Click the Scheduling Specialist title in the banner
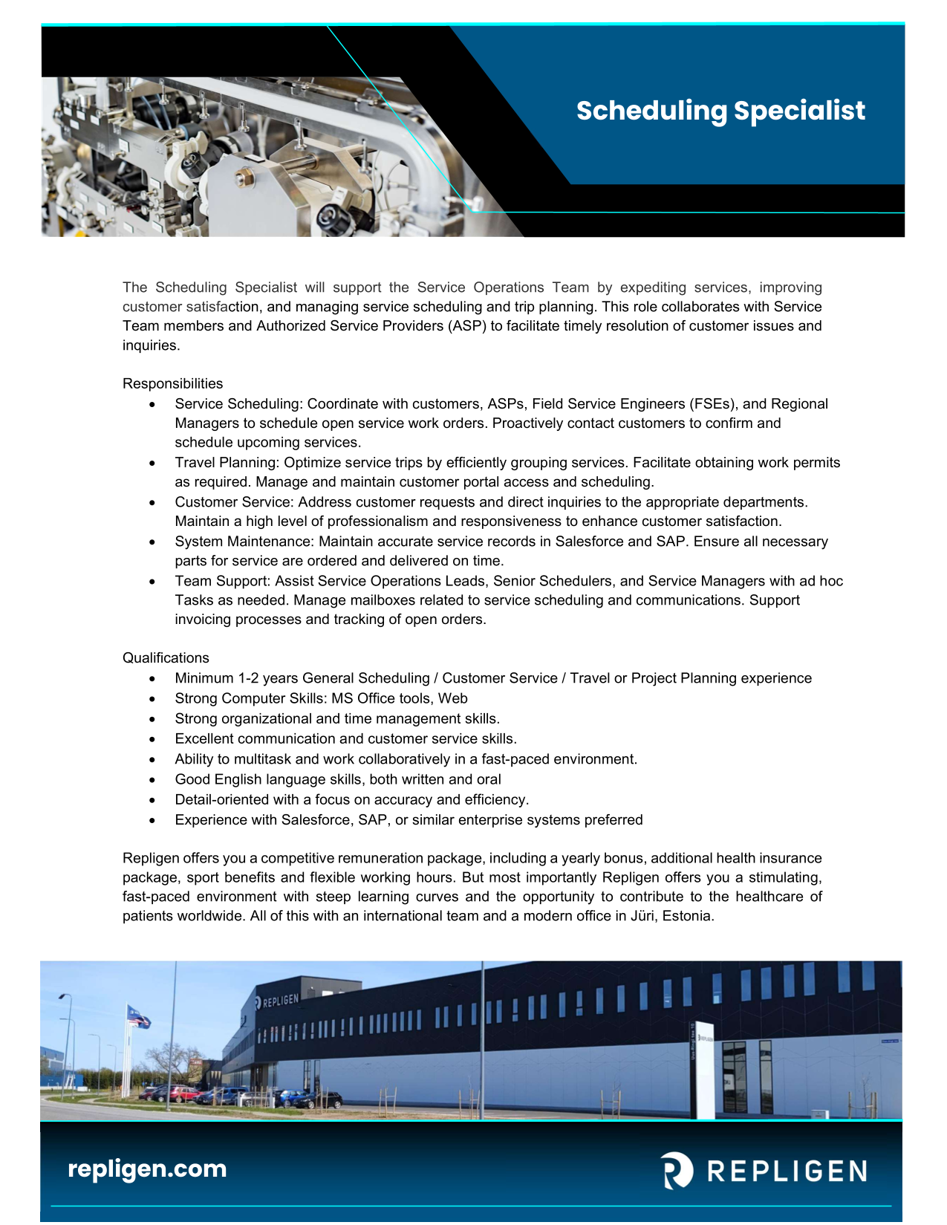720,111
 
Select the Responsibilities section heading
172,383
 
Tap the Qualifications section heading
166,657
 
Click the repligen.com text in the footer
147,1169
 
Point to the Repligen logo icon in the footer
677,1171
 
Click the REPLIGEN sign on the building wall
280,1001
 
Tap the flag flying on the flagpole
138,1016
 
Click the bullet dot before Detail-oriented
152,800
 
